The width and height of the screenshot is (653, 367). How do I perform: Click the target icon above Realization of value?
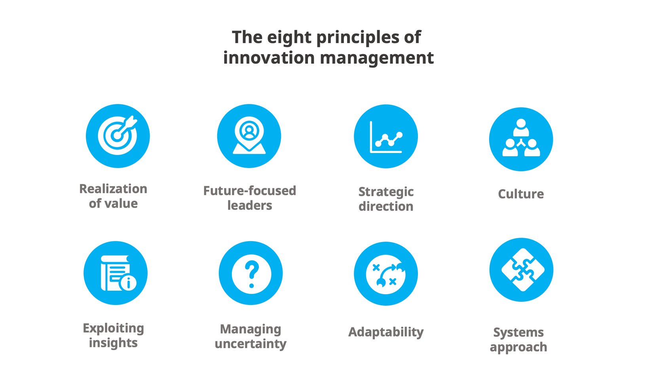coord(118,136)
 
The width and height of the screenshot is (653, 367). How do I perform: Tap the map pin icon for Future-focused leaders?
coord(249,136)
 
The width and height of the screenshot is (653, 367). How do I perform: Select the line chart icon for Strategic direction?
coord(385,136)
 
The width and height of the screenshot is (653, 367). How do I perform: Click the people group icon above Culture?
coord(521,139)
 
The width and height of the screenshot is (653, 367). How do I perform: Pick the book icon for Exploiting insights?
coord(115,273)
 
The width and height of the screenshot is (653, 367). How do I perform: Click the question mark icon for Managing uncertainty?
coord(251,273)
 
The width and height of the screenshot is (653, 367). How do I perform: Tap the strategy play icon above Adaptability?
coord(385,274)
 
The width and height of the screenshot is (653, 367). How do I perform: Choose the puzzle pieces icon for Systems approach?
coord(521,270)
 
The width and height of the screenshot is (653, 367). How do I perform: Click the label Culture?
coord(521,194)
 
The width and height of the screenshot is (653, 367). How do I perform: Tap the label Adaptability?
coord(386,332)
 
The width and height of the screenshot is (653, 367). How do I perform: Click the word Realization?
coord(113,189)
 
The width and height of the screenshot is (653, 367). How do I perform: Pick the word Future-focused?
coord(249,191)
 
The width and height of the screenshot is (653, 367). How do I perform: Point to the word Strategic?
coord(386,192)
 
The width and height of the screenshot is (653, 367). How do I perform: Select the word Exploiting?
coord(113,328)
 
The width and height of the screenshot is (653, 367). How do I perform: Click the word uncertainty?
coord(251,344)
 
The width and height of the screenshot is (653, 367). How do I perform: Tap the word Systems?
coord(518,332)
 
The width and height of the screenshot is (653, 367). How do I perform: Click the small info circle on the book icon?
coord(128,283)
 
